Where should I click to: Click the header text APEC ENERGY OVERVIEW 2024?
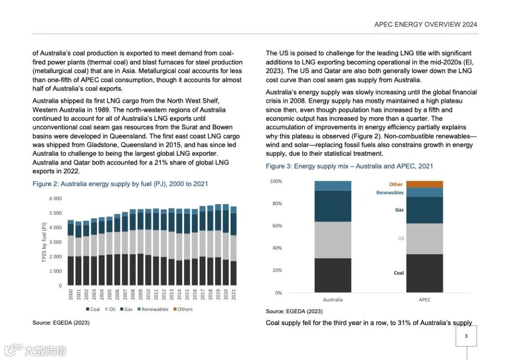[x=425, y=25]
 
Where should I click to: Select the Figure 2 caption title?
[x=120, y=184]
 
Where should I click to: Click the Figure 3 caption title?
[x=349, y=166]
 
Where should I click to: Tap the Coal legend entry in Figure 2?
[x=93, y=310]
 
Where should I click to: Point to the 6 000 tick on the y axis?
[x=56, y=199]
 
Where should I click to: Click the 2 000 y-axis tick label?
[x=56, y=257]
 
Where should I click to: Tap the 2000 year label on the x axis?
[x=71, y=295]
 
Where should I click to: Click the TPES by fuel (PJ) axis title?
[x=44, y=242]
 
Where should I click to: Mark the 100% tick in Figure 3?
[x=276, y=182]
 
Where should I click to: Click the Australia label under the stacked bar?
[x=333, y=300]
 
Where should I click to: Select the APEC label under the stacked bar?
[x=425, y=300]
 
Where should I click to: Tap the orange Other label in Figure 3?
[x=396, y=184]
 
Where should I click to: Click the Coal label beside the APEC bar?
[x=399, y=273]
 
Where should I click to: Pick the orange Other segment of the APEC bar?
[x=425, y=184]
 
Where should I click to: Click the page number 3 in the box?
[x=466, y=336]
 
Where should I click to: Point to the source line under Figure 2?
[x=61, y=323]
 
